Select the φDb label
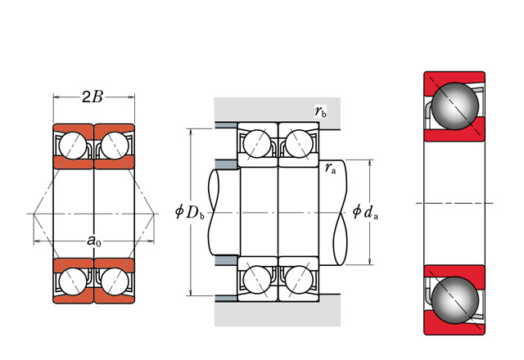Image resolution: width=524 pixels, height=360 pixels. [x=189, y=213]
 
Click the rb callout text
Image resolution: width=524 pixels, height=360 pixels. [x=320, y=111]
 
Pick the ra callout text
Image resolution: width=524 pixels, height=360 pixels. [x=330, y=169]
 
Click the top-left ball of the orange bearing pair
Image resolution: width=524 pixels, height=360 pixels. [x=74, y=146]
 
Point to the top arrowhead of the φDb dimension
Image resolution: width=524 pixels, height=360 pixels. [x=192, y=131]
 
